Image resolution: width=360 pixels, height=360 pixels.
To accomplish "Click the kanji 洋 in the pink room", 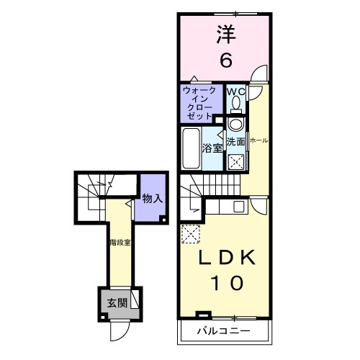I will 225,34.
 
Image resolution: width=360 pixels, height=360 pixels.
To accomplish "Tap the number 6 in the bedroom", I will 225,60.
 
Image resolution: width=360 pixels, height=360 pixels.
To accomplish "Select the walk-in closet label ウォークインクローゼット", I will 198,102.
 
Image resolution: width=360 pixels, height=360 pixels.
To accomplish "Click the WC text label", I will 236,91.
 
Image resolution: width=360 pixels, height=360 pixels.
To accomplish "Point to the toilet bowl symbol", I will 236,105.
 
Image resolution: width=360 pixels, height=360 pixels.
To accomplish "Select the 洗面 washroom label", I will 236,142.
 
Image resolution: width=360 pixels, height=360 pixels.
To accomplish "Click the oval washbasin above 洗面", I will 235,124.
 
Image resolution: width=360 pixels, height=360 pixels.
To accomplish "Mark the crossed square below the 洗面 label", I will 235,162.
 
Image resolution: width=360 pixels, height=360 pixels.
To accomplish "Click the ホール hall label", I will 258,141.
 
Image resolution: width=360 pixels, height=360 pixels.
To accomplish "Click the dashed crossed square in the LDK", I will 191,234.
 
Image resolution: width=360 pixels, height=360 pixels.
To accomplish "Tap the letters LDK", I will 226,258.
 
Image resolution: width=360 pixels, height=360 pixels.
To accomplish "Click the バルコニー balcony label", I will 225,333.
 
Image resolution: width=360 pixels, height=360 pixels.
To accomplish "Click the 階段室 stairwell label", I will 120,243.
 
